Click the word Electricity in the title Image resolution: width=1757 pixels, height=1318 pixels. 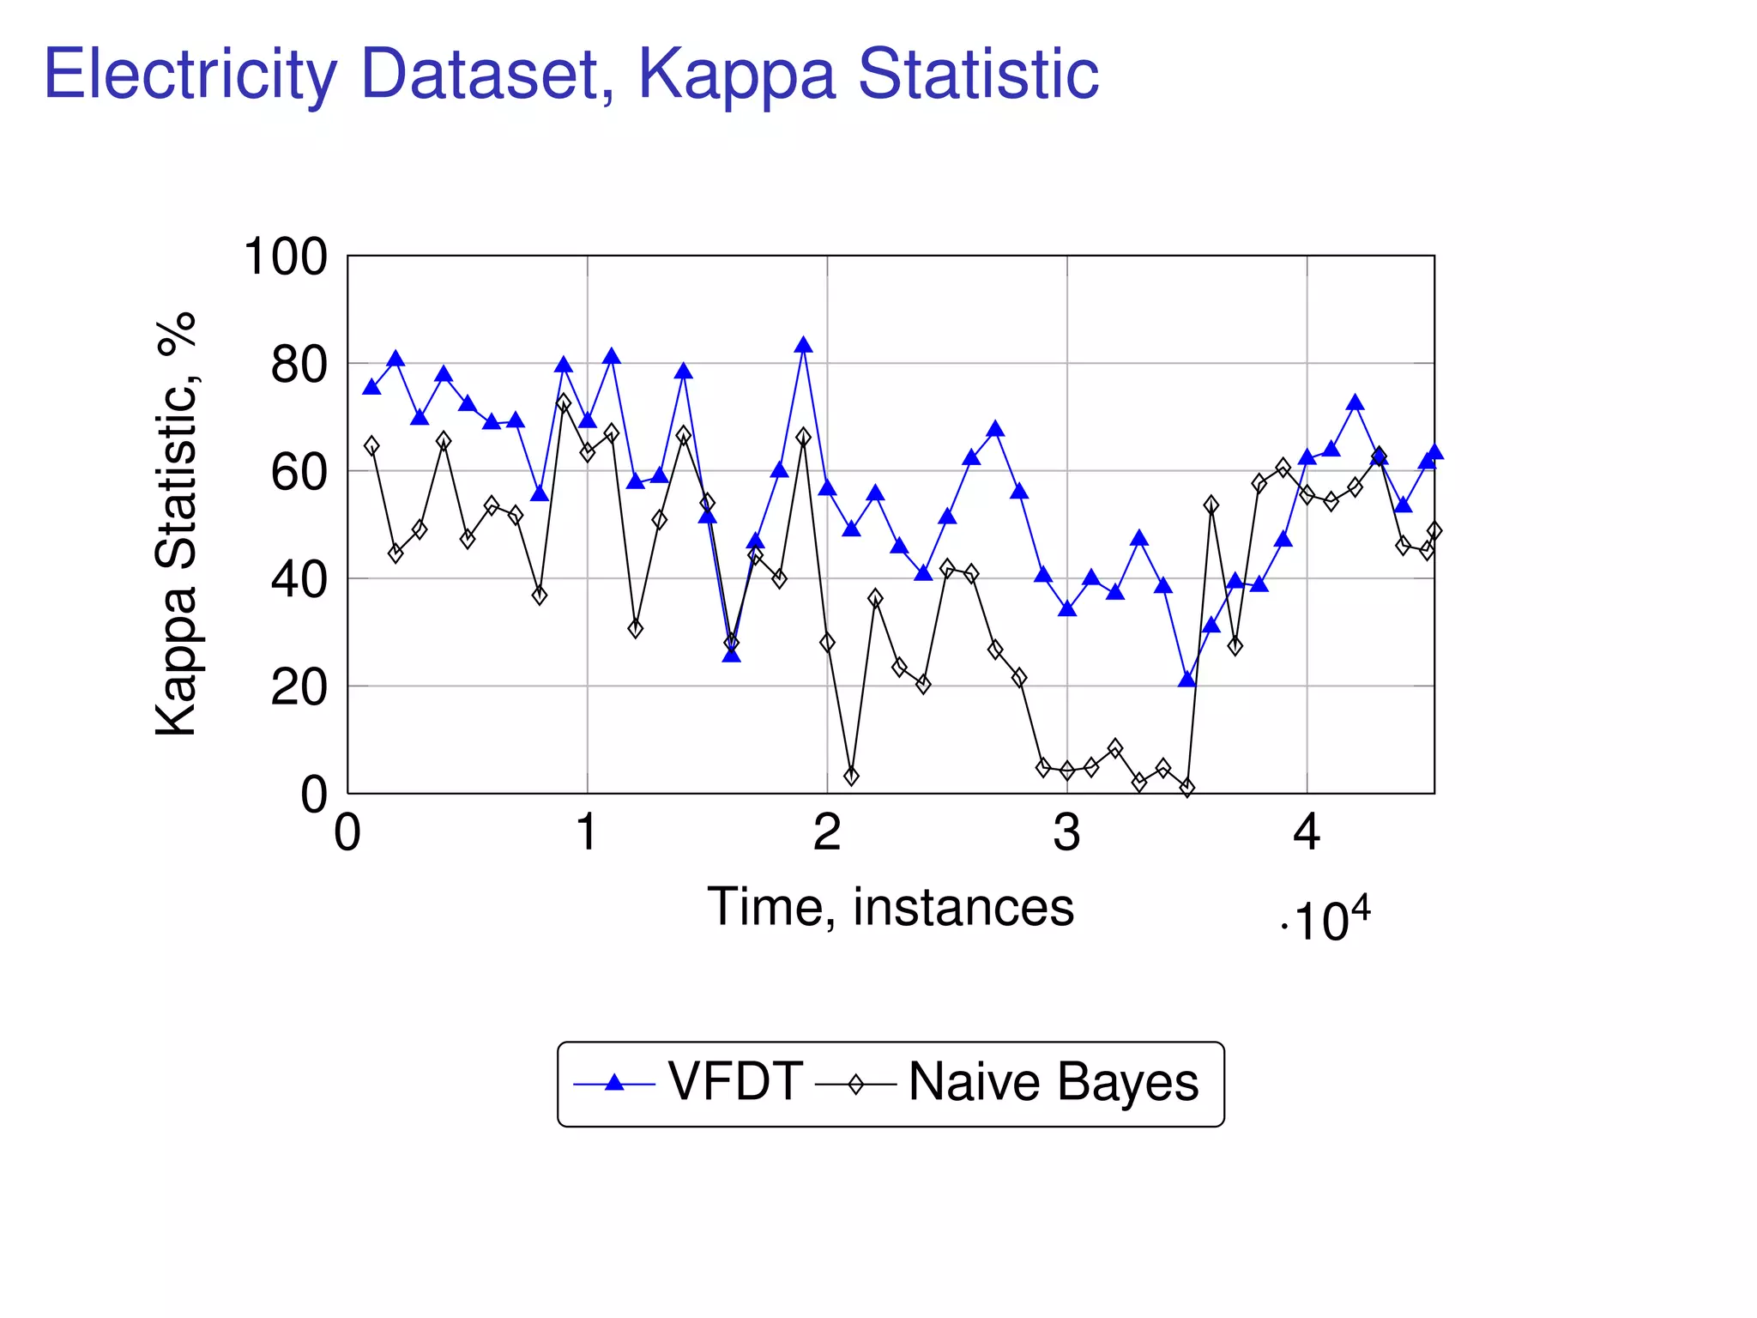click(190, 76)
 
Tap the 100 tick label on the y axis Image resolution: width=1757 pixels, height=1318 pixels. click(286, 257)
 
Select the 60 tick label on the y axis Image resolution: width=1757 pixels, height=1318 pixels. click(299, 472)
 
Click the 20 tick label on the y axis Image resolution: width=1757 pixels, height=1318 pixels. click(299, 687)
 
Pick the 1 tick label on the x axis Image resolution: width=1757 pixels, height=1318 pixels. click(587, 831)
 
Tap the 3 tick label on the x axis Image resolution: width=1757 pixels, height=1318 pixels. click(1066, 831)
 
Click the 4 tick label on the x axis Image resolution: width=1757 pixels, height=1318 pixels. click(1306, 831)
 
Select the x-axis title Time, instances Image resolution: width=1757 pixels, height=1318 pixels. click(890, 907)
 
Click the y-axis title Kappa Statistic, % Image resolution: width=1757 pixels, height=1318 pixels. click(177, 523)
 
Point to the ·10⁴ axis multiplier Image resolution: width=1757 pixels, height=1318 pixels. click(1325, 921)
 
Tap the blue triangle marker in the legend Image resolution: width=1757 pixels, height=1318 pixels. click(613, 1083)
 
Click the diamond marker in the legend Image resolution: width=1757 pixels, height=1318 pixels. click(855, 1085)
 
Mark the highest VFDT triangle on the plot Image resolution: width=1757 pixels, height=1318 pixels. click(803, 346)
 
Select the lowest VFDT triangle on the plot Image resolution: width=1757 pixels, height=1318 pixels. click(1187, 680)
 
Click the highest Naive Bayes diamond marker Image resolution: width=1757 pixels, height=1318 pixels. click(564, 403)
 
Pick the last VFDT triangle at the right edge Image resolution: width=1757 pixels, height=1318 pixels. click(1434, 452)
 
